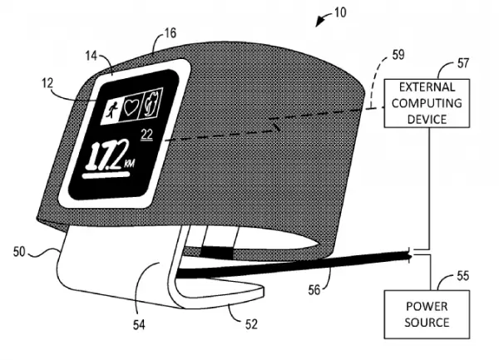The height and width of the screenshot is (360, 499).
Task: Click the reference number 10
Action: click(x=340, y=12)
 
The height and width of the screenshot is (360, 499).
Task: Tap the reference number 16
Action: click(x=170, y=33)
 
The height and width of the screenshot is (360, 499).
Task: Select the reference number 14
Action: click(x=91, y=56)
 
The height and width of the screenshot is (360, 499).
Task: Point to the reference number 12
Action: click(x=47, y=83)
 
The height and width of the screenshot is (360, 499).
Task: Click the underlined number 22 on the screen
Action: click(x=147, y=135)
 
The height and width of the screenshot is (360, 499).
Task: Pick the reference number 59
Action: click(x=398, y=55)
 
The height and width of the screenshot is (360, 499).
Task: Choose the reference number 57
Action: click(x=463, y=63)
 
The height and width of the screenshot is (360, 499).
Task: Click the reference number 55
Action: click(x=463, y=275)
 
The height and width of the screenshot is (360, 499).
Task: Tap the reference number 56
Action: click(x=314, y=290)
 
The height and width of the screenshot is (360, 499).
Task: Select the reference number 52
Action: click(x=251, y=323)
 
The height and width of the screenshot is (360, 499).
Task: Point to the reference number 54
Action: click(x=139, y=325)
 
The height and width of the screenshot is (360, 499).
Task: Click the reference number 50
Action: click(x=19, y=252)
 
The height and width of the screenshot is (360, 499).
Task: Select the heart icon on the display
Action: click(x=131, y=107)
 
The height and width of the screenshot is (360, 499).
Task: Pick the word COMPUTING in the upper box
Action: click(x=427, y=103)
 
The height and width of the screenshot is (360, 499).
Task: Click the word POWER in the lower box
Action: click(x=427, y=306)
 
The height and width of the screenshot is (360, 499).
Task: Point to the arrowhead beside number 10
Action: click(x=319, y=22)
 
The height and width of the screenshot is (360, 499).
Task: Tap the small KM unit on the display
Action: click(x=129, y=164)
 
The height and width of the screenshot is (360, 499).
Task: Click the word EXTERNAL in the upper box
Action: click(x=427, y=86)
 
